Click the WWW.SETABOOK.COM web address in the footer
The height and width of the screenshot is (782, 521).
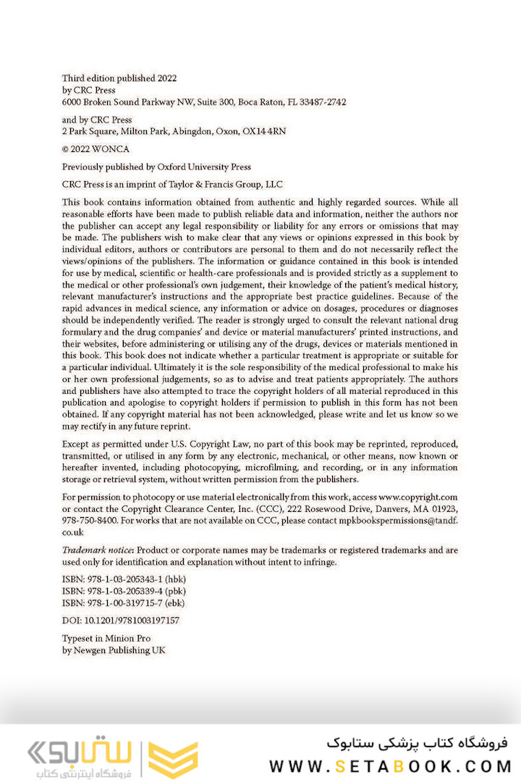(390, 765)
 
